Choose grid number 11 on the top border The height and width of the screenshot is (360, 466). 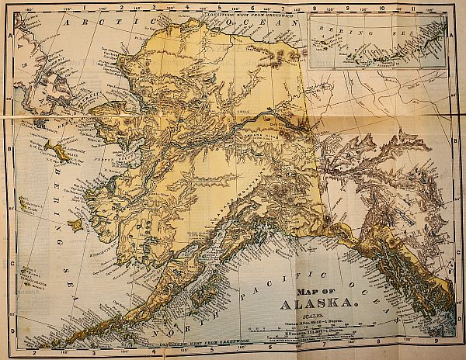(x=416, y=5)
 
